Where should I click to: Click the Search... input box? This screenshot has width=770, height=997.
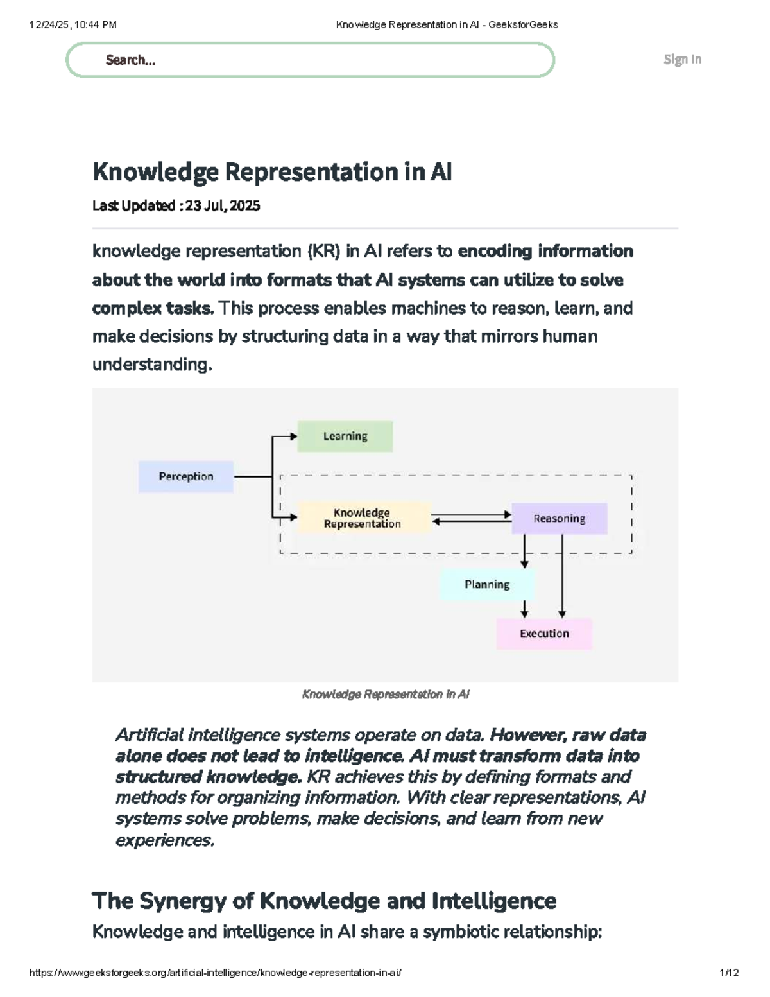tap(310, 60)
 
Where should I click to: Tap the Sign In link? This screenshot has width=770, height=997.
tap(682, 59)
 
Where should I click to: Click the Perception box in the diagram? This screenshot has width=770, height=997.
tap(186, 476)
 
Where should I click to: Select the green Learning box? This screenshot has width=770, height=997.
tap(345, 437)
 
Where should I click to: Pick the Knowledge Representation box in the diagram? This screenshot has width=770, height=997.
tap(363, 518)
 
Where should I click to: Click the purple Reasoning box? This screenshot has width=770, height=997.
tap(559, 519)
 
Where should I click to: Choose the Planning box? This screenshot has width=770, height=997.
tap(487, 585)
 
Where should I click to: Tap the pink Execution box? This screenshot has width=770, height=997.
tap(544, 634)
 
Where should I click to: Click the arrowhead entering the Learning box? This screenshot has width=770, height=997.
tap(293, 437)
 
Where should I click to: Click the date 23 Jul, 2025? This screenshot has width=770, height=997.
tap(223, 206)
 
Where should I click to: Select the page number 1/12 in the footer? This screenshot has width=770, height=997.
tap(730, 973)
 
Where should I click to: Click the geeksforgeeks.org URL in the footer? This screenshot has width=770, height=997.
tap(216, 973)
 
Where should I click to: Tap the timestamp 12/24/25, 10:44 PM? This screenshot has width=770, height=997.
tap(73, 25)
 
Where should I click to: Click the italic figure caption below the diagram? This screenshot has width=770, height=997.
tap(386, 695)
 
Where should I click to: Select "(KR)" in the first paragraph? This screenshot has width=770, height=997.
tap(323, 251)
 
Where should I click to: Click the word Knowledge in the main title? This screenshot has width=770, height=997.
tap(155, 172)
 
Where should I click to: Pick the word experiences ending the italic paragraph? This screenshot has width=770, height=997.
tap(164, 840)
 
